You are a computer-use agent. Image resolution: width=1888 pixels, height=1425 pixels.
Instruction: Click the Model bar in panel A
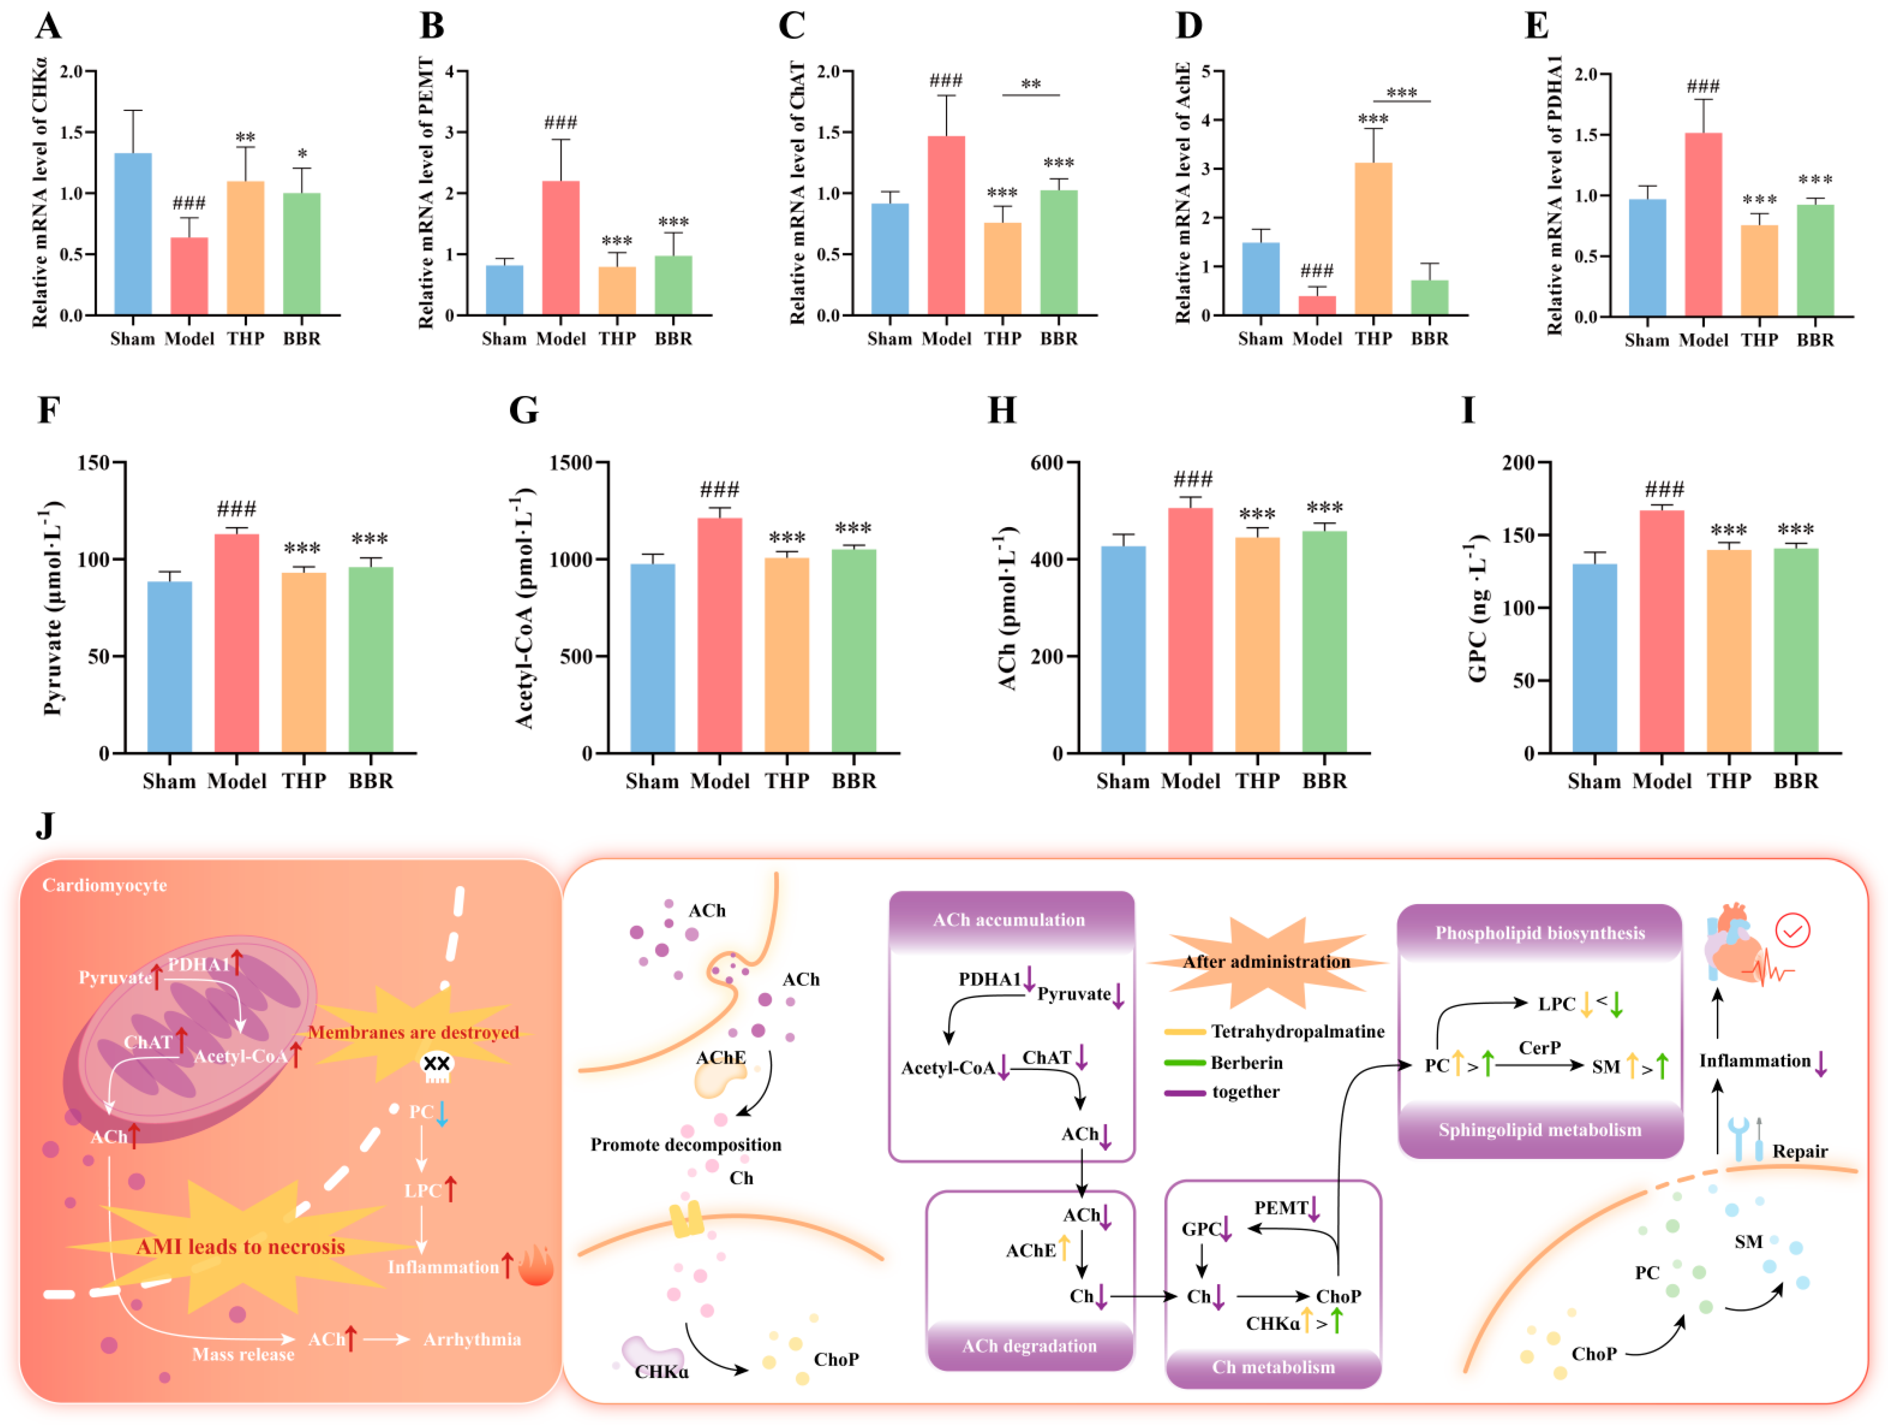coord(189,276)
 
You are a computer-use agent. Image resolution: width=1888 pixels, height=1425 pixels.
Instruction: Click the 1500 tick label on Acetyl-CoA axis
coord(571,463)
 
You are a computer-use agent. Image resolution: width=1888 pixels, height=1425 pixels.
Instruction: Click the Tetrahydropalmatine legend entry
coord(1275,1031)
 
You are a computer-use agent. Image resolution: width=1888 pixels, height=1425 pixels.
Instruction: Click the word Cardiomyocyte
coord(105,886)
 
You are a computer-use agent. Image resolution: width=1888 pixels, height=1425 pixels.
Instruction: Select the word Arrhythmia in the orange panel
coord(472,1339)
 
